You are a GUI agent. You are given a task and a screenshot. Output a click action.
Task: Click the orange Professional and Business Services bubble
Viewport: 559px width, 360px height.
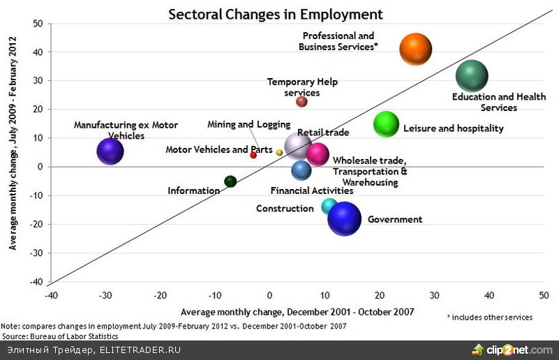click(x=415, y=50)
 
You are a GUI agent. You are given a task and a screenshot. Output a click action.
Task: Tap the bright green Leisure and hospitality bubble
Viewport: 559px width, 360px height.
click(x=386, y=124)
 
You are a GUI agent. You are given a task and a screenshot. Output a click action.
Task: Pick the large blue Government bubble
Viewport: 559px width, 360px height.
click(x=344, y=218)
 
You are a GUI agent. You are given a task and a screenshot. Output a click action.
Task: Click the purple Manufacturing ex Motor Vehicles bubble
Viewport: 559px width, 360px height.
click(x=110, y=151)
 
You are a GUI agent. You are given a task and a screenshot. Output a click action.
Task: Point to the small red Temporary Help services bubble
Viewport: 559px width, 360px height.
click(x=301, y=102)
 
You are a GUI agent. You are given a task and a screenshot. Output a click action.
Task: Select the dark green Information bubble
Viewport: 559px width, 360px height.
click(x=230, y=181)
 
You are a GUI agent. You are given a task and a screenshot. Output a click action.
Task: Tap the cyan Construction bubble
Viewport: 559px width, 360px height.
click(x=329, y=206)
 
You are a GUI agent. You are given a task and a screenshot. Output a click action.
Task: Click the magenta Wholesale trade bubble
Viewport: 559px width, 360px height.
click(x=318, y=154)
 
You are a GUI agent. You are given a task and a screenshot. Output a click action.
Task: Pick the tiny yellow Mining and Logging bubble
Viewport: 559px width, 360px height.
click(x=279, y=152)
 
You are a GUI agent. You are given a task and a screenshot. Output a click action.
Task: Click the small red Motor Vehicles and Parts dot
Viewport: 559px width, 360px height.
click(x=253, y=155)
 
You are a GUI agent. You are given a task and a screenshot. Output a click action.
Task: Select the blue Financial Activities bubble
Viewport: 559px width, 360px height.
click(x=301, y=170)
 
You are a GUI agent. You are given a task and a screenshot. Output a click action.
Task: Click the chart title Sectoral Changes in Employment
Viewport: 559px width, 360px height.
click(x=275, y=14)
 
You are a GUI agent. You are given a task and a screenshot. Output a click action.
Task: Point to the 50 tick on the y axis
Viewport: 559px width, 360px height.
click(x=38, y=23)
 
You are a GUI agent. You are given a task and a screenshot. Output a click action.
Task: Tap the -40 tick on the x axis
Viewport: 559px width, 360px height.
click(x=51, y=294)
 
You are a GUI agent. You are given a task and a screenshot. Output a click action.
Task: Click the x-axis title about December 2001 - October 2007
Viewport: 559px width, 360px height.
click(x=297, y=311)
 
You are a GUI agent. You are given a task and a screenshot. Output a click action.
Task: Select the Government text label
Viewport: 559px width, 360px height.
click(x=395, y=219)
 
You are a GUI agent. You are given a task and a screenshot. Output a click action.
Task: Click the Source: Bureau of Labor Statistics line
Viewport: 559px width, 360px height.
click(x=59, y=336)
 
